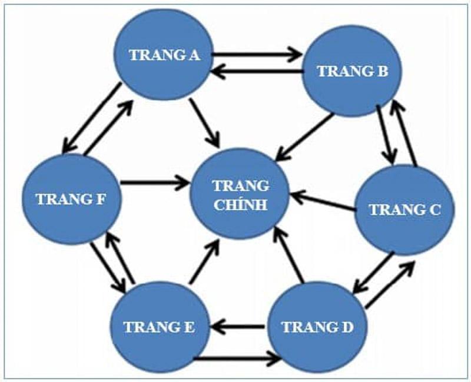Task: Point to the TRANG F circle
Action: coord(71,198)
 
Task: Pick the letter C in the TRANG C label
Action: coord(434,210)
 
